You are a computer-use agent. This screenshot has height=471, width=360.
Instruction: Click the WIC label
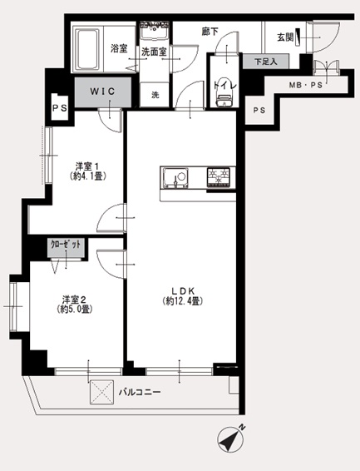tap(102, 92)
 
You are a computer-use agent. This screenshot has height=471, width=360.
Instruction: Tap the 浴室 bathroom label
tap(119, 48)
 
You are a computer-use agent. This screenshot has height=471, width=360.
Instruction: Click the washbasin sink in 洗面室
tap(155, 30)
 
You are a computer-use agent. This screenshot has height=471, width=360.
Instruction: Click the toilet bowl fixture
tap(224, 100)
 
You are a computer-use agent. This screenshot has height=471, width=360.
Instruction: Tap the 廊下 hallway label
tap(210, 32)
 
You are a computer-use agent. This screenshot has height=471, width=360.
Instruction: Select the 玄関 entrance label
tap(285, 37)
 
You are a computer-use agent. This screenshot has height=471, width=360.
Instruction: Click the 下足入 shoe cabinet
tap(266, 62)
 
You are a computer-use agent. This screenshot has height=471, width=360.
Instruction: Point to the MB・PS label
tap(305, 85)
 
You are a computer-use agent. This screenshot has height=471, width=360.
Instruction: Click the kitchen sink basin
tap(175, 178)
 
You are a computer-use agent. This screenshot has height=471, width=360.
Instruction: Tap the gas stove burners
tap(219, 177)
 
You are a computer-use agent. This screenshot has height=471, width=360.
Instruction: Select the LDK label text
tap(183, 290)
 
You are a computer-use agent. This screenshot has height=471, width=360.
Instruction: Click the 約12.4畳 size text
tap(183, 300)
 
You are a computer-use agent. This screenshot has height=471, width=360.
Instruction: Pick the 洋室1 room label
tap(87, 166)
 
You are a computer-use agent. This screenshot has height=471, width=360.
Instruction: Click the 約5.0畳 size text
tap(74, 309)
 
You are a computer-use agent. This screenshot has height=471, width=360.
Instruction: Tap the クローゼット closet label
tap(66, 245)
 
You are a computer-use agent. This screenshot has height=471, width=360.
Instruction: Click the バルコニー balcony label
tap(140, 392)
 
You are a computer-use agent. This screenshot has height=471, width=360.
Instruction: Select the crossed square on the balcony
tap(102, 392)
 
